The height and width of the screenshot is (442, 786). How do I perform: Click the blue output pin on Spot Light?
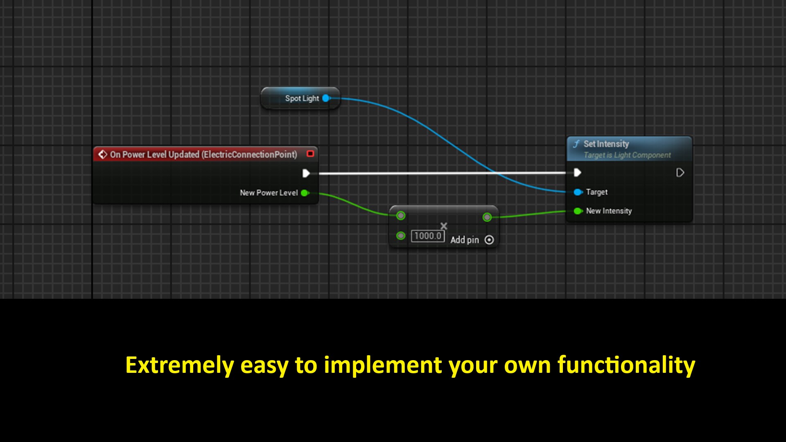click(326, 98)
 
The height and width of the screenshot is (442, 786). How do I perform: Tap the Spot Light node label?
click(302, 99)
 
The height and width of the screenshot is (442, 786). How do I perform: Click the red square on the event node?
click(310, 154)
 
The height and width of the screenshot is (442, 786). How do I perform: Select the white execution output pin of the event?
click(306, 174)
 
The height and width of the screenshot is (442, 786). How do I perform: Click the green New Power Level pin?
click(305, 193)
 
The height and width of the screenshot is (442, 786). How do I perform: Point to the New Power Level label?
click(269, 193)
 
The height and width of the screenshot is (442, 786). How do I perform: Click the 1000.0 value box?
click(427, 236)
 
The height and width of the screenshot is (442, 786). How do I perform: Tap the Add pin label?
click(465, 240)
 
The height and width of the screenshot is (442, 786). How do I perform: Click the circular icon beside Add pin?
click(489, 240)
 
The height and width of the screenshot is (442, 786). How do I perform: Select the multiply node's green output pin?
click(487, 217)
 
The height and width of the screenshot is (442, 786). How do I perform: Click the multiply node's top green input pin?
click(401, 216)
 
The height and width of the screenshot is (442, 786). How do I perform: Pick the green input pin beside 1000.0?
click(401, 236)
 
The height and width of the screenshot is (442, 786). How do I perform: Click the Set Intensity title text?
click(606, 144)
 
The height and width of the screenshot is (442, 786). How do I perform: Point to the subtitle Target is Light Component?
click(627, 156)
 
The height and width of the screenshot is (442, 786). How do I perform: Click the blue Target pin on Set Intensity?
click(578, 192)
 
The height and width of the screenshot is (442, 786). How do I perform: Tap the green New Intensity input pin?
click(578, 211)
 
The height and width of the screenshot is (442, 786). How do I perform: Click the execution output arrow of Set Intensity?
click(680, 173)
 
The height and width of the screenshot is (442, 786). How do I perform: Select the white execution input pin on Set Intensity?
click(577, 173)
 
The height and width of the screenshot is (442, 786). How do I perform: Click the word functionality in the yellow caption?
click(626, 365)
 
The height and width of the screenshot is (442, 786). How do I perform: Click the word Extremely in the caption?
click(179, 365)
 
